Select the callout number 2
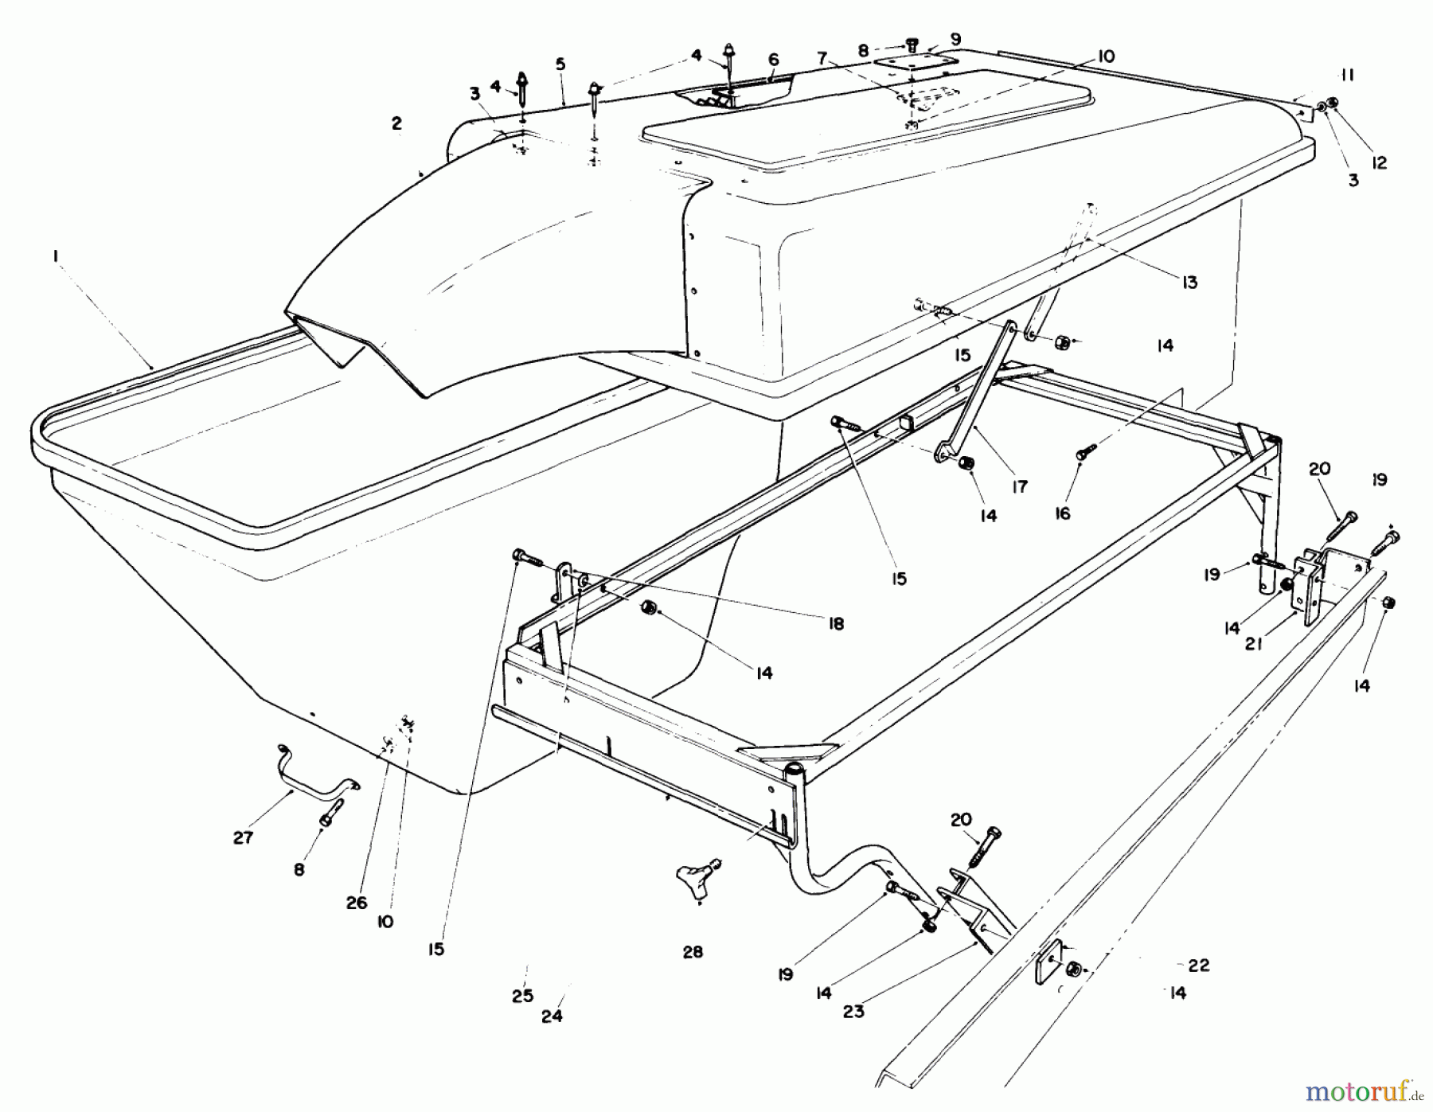(x=396, y=123)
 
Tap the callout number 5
(x=560, y=64)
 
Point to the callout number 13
(x=1189, y=282)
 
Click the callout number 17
(x=1020, y=486)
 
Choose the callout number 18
(x=835, y=623)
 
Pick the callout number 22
(x=1198, y=966)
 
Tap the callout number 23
(x=853, y=1012)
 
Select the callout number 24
(x=552, y=1016)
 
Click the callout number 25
(x=522, y=997)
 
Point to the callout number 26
(x=357, y=902)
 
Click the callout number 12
(x=1379, y=162)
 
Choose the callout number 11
(x=1346, y=76)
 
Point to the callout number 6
(x=773, y=60)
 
